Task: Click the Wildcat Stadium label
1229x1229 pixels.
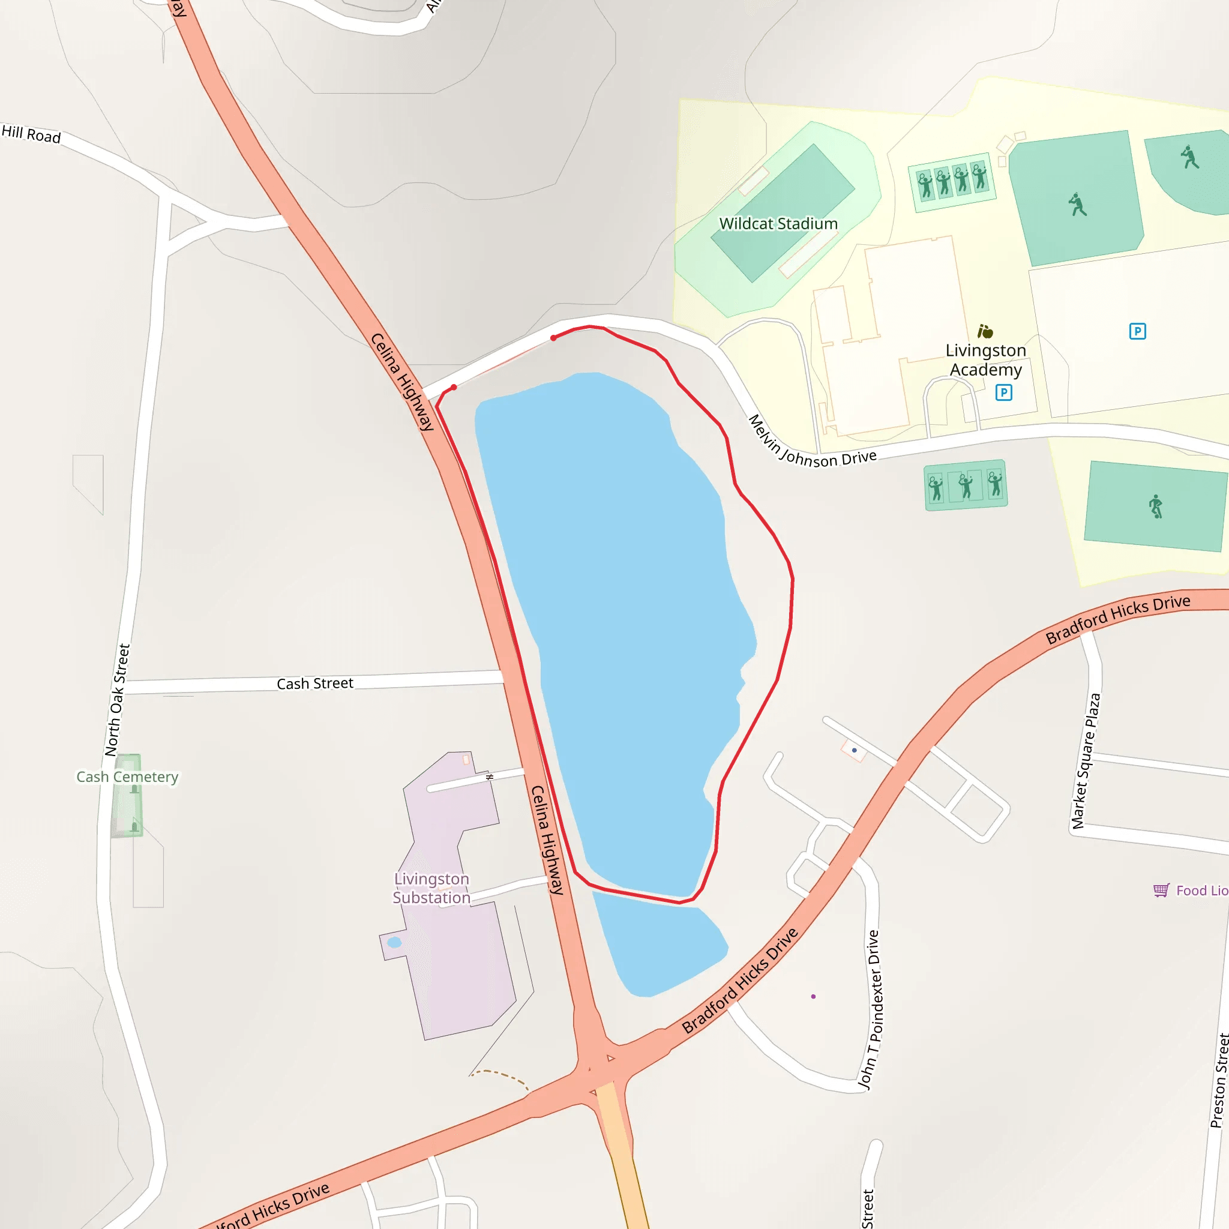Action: pyautogui.click(x=778, y=224)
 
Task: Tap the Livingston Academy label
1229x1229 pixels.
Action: pyautogui.click(x=985, y=360)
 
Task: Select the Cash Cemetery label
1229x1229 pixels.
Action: pyautogui.click(x=127, y=777)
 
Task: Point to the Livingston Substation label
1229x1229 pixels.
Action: pyautogui.click(x=431, y=888)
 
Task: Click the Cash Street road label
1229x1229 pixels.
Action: pyautogui.click(x=315, y=683)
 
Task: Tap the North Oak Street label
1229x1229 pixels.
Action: pyautogui.click(x=118, y=700)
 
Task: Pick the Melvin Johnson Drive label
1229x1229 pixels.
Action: pyautogui.click(x=811, y=443)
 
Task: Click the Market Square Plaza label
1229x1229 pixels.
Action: pyautogui.click(x=1085, y=761)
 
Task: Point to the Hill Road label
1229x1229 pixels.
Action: pyautogui.click(x=31, y=134)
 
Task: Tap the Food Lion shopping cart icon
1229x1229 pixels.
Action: pyautogui.click(x=1161, y=890)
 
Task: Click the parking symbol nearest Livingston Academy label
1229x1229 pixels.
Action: pyautogui.click(x=1004, y=392)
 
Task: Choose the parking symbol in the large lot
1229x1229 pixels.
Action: pyautogui.click(x=1137, y=331)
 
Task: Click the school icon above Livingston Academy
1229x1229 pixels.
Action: pyautogui.click(x=985, y=331)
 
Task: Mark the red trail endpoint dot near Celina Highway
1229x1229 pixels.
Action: pyautogui.click(x=454, y=388)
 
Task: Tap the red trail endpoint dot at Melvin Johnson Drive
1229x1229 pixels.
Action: pyautogui.click(x=553, y=338)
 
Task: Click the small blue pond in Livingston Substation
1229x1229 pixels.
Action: pyautogui.click(x=394, y=942)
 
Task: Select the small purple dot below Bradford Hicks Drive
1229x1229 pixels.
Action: pyautogui.click(x=813, y=996)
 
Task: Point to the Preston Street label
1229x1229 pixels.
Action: pyautogui.click(x=1219, y=1081)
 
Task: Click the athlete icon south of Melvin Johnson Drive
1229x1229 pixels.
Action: pyautogui.click(x=1156, y=506)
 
